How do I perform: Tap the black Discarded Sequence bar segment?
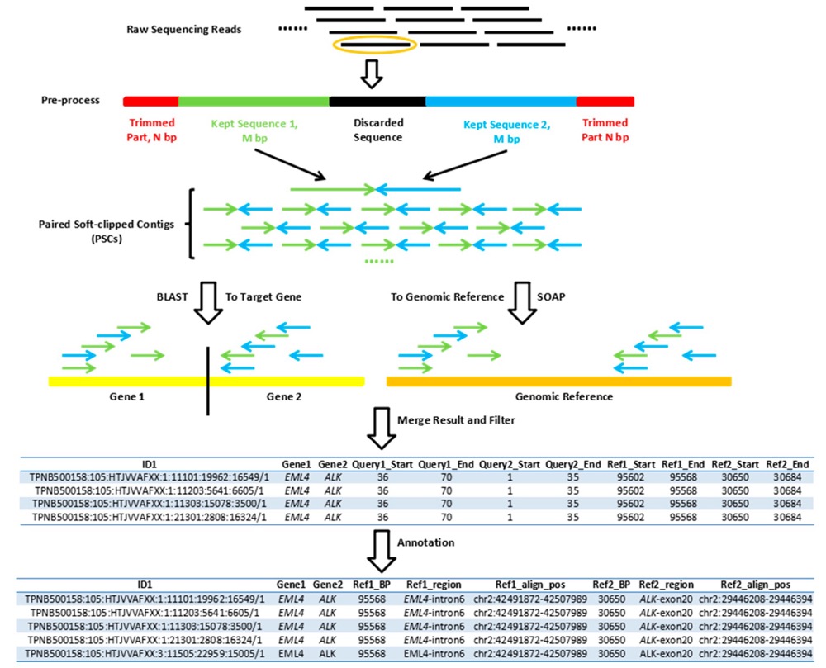(x=377, y=101)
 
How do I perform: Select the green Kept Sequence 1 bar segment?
(x=254, y=101)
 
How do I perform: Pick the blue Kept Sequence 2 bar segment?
(x=501, y=101)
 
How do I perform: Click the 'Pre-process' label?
(x=70, y=101)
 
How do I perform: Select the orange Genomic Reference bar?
(x=558, y=381)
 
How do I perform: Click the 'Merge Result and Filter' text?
(x=457, y=420)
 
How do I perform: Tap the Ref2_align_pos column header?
(x=754, y=583)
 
